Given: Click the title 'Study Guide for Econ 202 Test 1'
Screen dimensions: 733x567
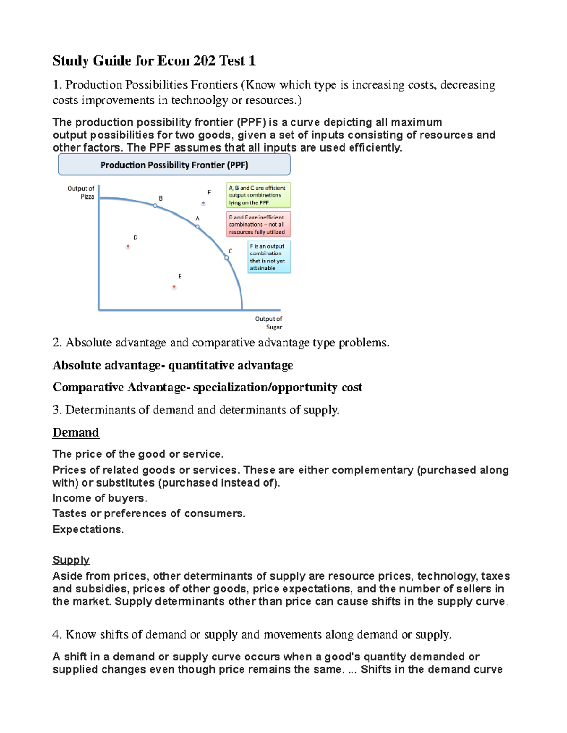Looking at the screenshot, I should coord(154,60).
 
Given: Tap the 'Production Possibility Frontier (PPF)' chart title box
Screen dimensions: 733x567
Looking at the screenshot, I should coord(174,165).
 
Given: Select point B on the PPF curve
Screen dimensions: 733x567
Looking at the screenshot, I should coord(155,205).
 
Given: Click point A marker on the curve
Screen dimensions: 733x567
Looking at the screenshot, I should coord(198,227).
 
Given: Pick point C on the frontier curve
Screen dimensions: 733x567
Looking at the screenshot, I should coord(227,258).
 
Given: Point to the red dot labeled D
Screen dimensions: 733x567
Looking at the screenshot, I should coord(128,246).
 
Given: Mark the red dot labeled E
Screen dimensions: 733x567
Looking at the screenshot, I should coord(174,286).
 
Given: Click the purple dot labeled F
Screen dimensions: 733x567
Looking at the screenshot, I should coord(203,203).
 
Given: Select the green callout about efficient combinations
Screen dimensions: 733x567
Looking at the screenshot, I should coord(258,195).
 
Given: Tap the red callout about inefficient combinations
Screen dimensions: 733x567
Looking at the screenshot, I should coord(258,224).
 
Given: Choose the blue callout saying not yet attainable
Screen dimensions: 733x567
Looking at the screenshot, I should coord(269,257).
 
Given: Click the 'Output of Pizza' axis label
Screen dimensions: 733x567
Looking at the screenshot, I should coord(81,193).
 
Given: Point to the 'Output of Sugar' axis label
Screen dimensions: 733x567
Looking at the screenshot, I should coord(269,323).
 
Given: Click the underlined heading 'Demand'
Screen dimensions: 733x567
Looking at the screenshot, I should coord(76,432).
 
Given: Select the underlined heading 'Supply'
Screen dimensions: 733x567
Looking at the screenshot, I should coord(71,560).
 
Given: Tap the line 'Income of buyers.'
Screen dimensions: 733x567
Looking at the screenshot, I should coord(100,498).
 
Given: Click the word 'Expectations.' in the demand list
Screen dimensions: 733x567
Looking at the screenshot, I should coord(88,529).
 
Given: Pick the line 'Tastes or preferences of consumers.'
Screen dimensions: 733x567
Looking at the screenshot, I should coord(149,514).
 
